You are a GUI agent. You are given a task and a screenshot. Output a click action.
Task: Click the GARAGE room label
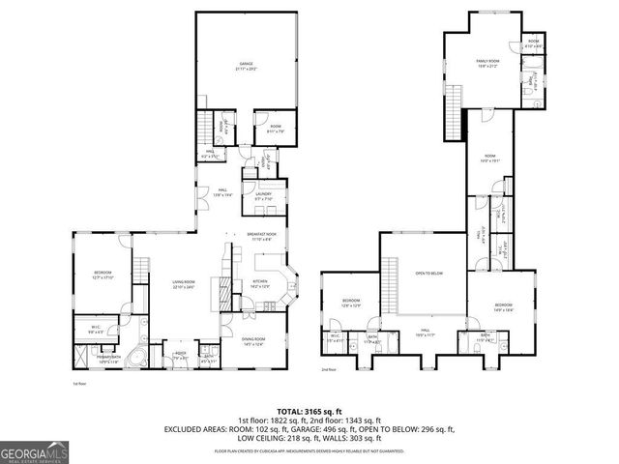click(246, 65)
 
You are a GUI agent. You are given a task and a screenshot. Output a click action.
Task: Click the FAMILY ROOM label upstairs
click(486, 64)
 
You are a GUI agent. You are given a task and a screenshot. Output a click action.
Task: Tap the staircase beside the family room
click(452, 109)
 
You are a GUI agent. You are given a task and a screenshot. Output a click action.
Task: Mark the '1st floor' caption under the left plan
click(81, 383)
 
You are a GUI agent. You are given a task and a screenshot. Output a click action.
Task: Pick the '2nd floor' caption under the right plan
click(329, 368)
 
